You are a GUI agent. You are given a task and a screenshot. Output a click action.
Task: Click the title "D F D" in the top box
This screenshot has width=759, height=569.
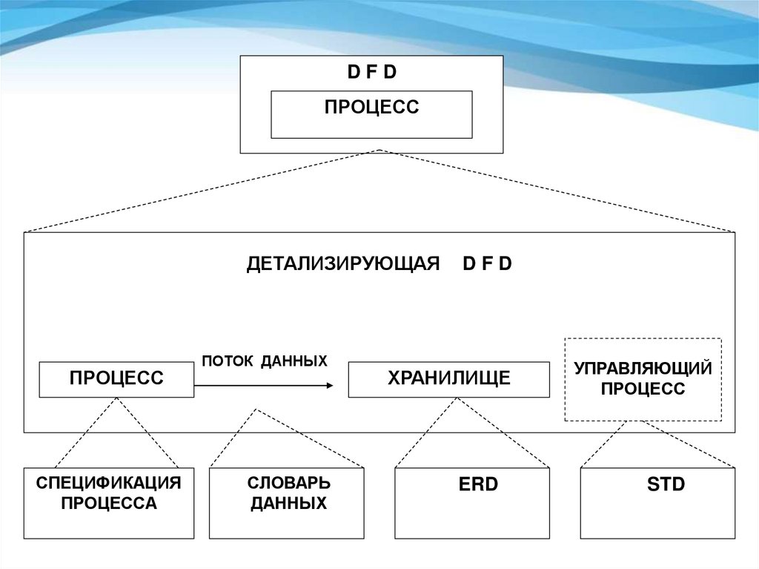tap(372, 73)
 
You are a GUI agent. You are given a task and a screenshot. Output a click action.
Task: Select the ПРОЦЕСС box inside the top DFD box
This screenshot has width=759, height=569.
tap(371, 114)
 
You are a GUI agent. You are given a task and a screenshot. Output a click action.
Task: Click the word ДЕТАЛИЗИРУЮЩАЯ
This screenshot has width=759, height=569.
tap(344, 264)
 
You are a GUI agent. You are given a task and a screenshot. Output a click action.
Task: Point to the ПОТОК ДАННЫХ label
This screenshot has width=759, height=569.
tap(264, 361)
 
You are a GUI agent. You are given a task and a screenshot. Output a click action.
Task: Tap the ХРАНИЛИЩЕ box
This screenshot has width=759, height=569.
tap(448, 379)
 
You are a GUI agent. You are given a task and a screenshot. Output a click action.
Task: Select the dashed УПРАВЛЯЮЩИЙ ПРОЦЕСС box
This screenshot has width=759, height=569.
tap(643, 379)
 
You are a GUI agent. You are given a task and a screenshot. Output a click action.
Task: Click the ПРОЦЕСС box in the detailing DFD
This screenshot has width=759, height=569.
tap(116, 379)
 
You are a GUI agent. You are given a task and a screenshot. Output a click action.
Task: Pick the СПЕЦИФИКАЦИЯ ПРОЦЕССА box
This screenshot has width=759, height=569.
tap(109, 502)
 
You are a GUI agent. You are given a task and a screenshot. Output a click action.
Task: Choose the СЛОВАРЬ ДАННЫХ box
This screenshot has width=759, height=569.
tap(287, 502)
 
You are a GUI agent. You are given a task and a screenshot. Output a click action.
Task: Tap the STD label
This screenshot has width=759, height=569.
tap(666, 485)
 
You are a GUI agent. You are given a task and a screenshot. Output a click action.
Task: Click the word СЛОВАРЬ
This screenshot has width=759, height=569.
tap(289, 483)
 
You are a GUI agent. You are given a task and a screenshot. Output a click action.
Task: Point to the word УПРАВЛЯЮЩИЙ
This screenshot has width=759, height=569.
tap(643, 368)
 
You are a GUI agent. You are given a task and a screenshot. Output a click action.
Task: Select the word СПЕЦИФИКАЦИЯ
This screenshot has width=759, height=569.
tap(109, 483)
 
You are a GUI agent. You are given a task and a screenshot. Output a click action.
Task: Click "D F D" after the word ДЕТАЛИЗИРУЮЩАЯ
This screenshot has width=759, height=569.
tap(487, 264)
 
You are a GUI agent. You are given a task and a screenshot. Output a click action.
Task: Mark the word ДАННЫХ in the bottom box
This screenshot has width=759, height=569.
tap(289, 504)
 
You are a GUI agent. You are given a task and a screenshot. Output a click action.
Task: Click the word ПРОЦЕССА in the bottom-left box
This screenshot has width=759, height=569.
tap(109, 504)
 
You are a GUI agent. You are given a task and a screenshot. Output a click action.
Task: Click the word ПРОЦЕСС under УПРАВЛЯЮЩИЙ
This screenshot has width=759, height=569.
tap(643, 389)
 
